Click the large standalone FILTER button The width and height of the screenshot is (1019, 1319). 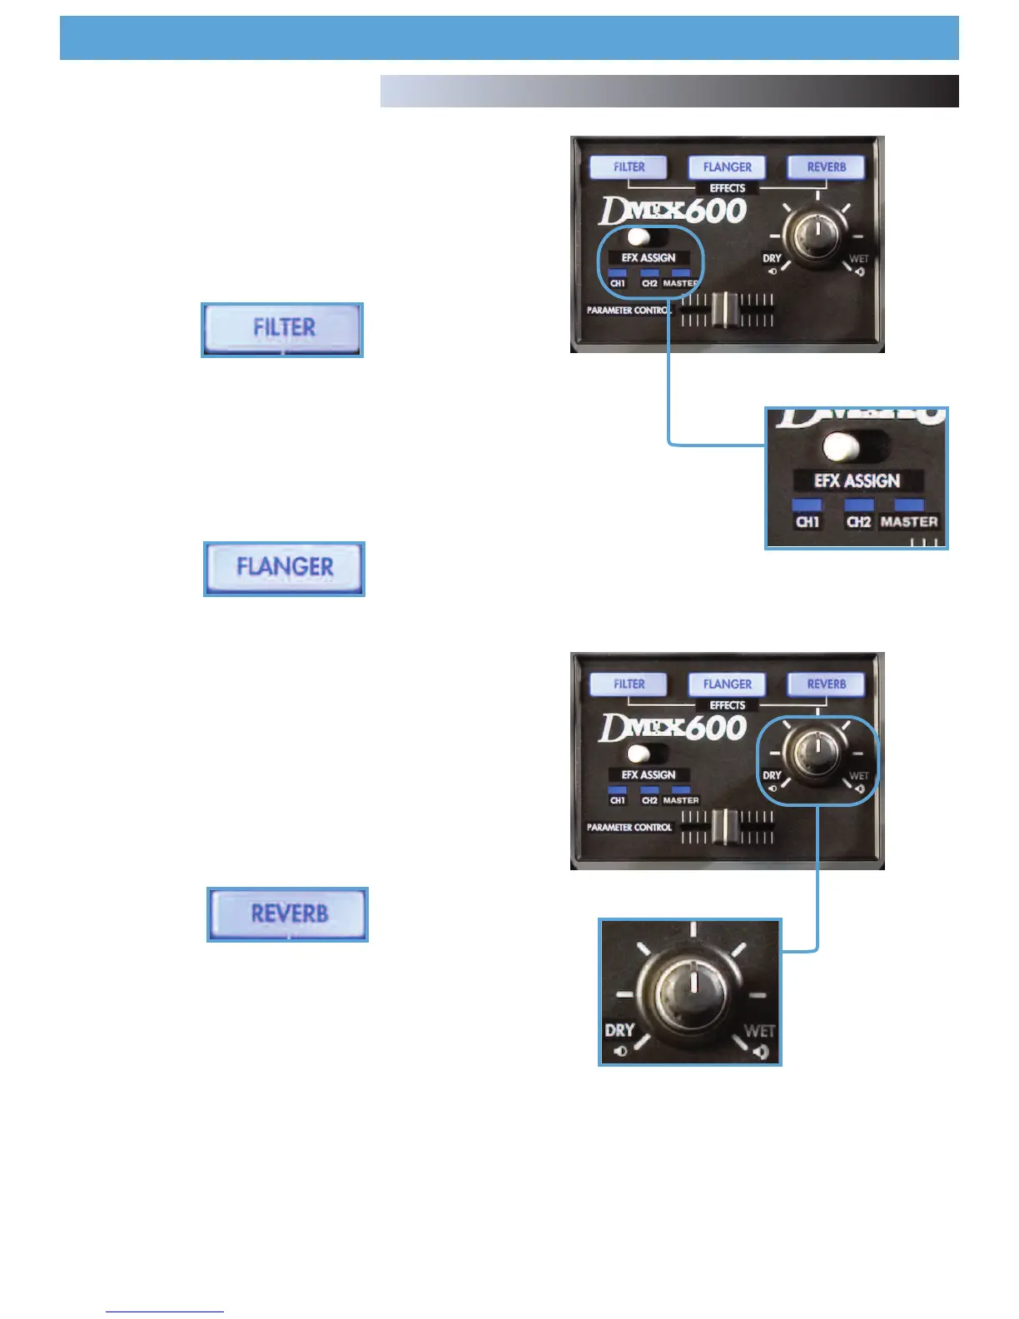coord(282,330)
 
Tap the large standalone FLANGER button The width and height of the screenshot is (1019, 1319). coord(285,569)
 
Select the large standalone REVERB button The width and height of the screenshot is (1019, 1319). coord(288,914)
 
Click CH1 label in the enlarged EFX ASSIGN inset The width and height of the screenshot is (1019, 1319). coord(808,522)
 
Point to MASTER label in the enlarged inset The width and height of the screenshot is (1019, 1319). coord(909,522)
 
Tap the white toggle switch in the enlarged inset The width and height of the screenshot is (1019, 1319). coord(842,447)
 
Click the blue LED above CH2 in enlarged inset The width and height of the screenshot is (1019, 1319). coord(859,505)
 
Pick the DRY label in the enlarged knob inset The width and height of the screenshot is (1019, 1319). coord(620,1030)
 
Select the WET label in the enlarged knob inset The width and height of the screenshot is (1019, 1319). coord(759,1031)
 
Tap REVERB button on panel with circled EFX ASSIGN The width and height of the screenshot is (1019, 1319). coord(826,167)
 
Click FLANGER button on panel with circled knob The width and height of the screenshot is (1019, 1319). coord(727,684)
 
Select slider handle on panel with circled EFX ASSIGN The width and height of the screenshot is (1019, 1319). coord(727,310)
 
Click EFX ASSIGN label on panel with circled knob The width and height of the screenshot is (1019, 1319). coord(649,775)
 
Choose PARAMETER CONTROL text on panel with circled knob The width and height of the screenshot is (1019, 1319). coord(629,828)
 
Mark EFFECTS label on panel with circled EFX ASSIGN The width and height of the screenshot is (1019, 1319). coord(727,189)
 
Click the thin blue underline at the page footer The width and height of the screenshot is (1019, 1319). coord(165,1312)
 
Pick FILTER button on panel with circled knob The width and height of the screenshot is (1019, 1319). coord(629,684)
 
